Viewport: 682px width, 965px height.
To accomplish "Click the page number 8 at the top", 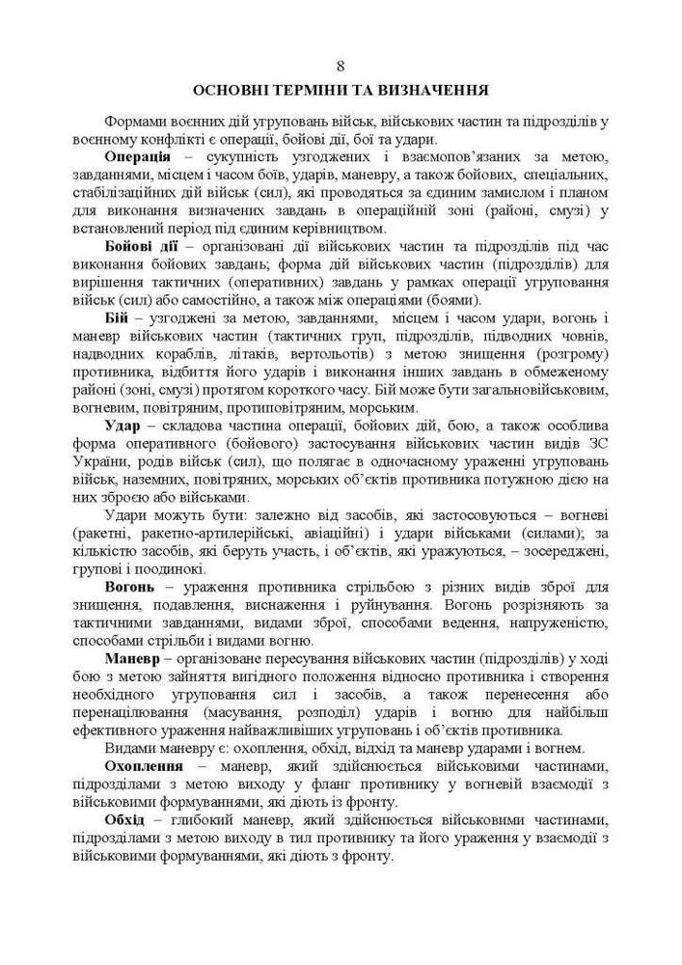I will coord(341,66).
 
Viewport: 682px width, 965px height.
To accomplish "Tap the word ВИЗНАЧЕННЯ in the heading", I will coord(435,91).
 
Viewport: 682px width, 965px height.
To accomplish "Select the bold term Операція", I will coord(138,157).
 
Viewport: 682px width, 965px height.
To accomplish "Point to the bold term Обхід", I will coord(125,819).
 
